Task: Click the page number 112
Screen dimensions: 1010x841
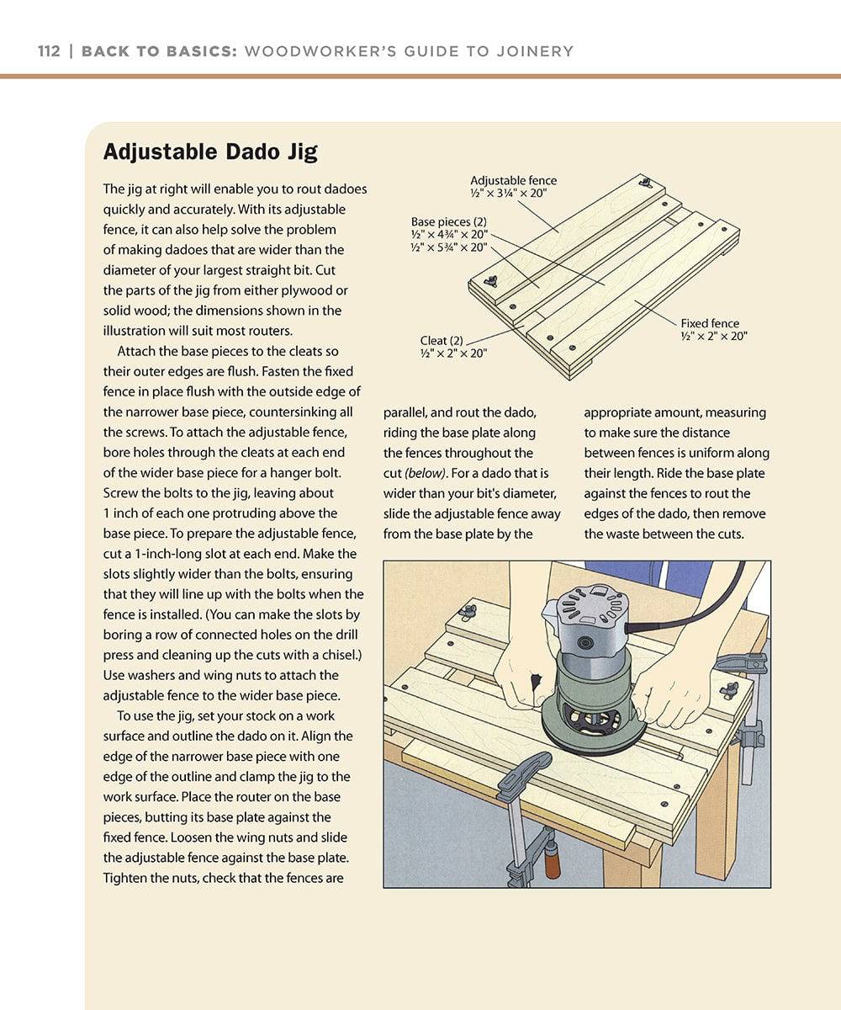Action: pyautogui.click(x=49, y=51)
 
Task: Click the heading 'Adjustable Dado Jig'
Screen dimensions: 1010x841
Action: pyautogui.click(x=209, y=151)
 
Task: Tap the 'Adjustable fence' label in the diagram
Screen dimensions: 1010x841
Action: pyautogui.click(x=513, y=181)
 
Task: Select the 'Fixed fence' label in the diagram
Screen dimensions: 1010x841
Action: pyautogui.click(x=710, y=323)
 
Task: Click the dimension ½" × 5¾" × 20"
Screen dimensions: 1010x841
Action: pyautogui.click(x=449, y=247)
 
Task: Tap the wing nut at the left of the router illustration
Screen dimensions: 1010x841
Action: pyautogui.click(x=468, y=612)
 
